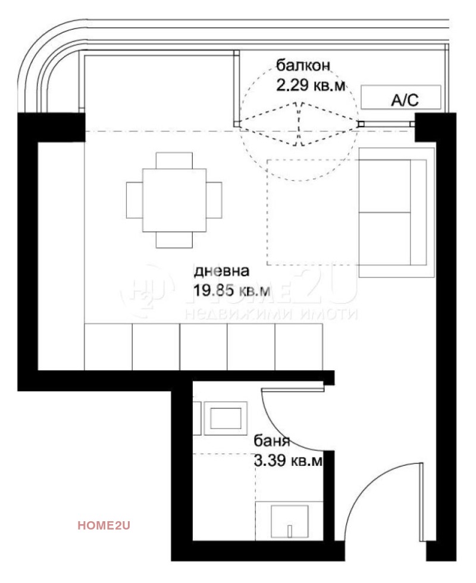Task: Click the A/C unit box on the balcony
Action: click(x=401, y=97)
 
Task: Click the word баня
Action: click(x=272, y=441)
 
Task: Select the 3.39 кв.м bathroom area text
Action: click(x=289, y=461)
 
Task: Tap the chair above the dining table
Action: click(x=174, y=161)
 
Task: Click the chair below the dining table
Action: click(x=174, y=239)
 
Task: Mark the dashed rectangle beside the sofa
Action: click(x=312, y=212)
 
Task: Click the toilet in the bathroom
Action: click(x=289, y=522)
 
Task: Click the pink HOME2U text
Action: click(x=104, y=525)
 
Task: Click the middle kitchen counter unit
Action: click(x=203, y=347)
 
